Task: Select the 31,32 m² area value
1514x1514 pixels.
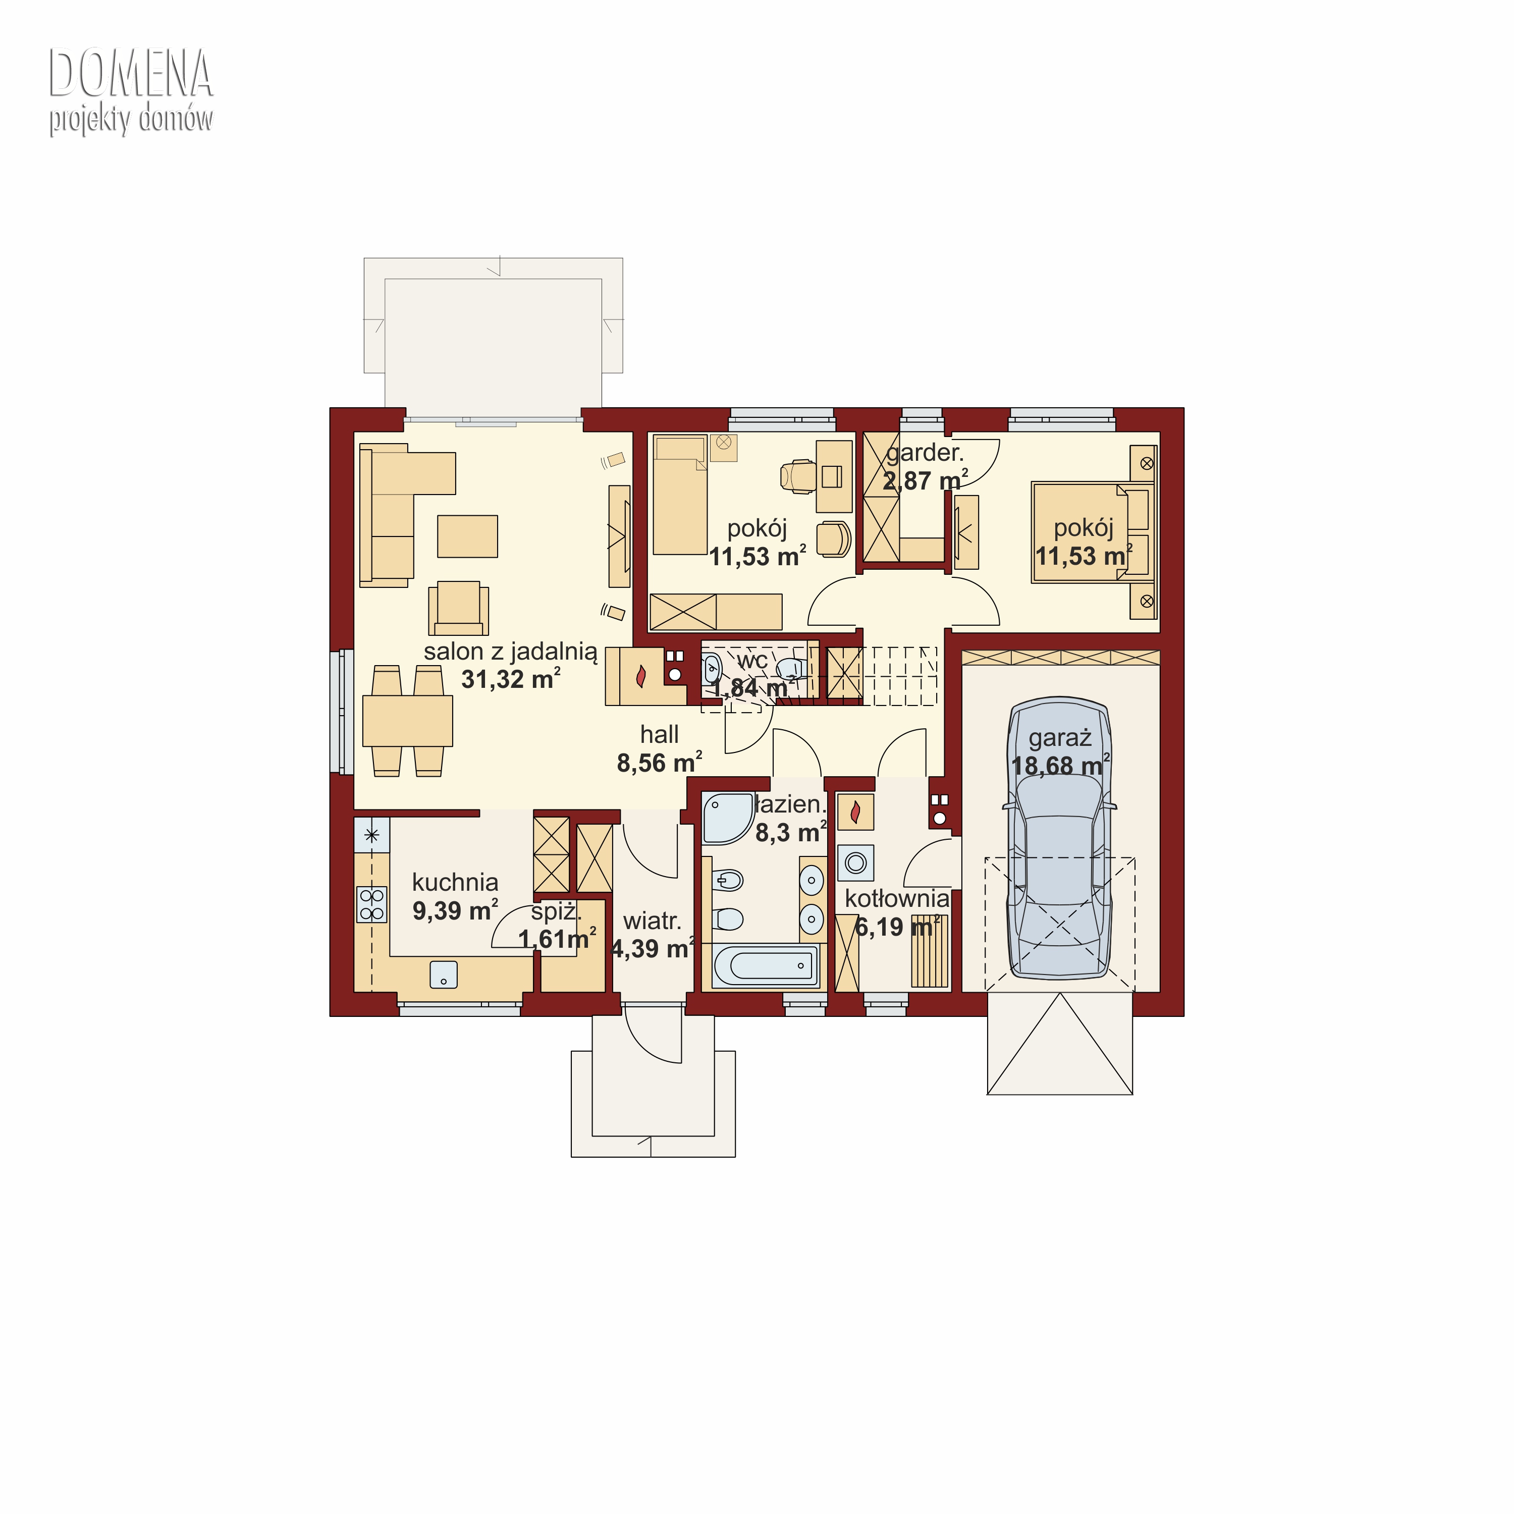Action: coord(510,679)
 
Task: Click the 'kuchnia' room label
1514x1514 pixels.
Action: coord(455,882)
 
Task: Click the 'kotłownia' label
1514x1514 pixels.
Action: coord(896,898)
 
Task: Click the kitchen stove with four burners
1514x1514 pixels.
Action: coord(372,903)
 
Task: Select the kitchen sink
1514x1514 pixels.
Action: coord(444,974)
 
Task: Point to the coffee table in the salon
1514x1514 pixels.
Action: coord(467,536)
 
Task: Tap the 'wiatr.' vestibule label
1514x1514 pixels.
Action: coord(652,921)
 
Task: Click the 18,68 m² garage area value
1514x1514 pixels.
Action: coord(1059,765)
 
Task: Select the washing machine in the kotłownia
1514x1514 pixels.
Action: coord(856,863)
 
